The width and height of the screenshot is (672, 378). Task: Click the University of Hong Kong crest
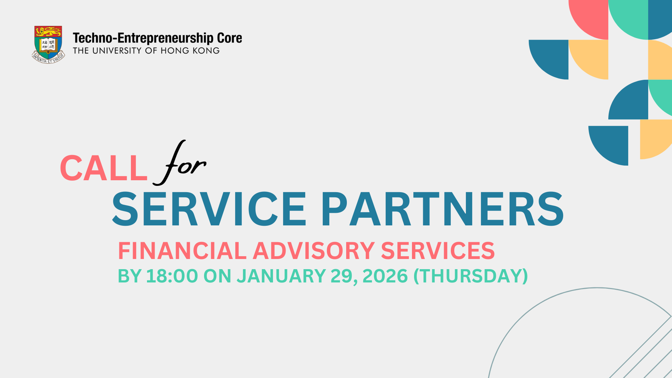(x=48, y=44)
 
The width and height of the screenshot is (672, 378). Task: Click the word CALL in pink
(x=104, y=168)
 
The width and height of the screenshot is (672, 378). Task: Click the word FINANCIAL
(x=182, y=251)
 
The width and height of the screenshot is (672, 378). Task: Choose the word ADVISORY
(x=314, y=251)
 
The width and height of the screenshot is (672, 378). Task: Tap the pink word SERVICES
(x=438, y=251)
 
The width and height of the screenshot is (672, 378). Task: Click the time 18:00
(x=172, y=276)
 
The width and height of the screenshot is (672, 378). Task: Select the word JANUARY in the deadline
(x=281, y=276)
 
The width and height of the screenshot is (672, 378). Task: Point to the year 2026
(x=385, y=276)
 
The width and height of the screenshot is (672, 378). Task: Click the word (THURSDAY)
(x=471, y=276)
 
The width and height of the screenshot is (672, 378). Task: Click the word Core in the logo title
(x=230, y=38)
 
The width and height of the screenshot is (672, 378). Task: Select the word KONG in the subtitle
(x=206, y=51)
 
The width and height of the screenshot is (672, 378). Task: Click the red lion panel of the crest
(x=48, y=31)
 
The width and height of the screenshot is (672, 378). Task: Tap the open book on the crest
(x=48, y=45)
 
